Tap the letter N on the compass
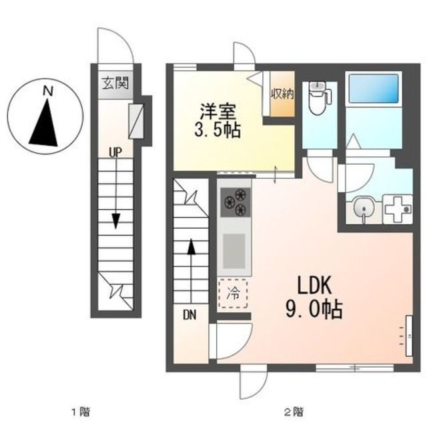click(x=47, y=90)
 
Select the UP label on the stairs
click(x=115, y=152)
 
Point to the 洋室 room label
click(x=218, y=109)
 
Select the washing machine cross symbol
click(x=398, y=209)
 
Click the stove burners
click(x=236, y=201)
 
